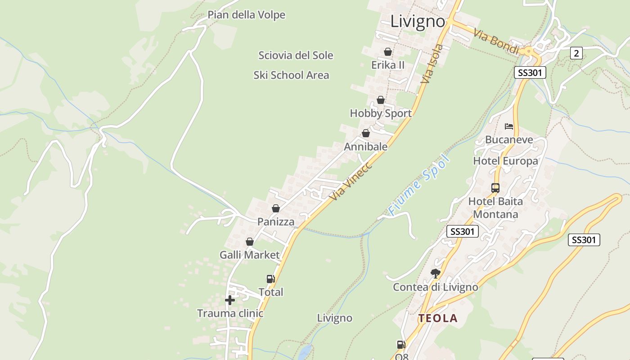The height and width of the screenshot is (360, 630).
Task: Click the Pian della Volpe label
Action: (x=246, y=15)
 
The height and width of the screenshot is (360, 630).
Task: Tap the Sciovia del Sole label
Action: (x=296, y=55)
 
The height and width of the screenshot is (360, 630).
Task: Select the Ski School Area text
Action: (x=291, y=75)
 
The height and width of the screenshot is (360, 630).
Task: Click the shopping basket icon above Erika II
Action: (x=388, y=52)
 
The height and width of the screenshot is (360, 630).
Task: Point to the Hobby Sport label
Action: (x=381, y=113)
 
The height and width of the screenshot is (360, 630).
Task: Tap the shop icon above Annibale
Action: (x=366, y=134)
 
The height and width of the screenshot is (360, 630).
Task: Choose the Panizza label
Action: (x=276, y=222)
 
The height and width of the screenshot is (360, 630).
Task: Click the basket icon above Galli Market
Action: (x=250, y=242)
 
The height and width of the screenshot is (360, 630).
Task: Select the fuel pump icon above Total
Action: (x=270, y=279)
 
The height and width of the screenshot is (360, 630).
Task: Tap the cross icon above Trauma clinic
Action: (x=230, y=300)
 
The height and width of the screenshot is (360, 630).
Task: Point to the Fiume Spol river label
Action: (x=419, y=184)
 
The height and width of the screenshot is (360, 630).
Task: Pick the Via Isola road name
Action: (x=432, y=63)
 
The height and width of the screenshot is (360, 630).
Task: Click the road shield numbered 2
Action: (x=576, y=53)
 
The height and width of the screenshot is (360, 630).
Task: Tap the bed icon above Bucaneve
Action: (x=509, y=126)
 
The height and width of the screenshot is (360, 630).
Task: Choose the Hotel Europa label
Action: (x=505, y=161)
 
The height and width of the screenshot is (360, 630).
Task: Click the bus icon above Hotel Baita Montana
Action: (x=495, y=188)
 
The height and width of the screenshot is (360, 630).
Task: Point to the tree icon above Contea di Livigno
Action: (x=435, y=273)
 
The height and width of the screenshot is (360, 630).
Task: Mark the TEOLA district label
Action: (x=438, y=319)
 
